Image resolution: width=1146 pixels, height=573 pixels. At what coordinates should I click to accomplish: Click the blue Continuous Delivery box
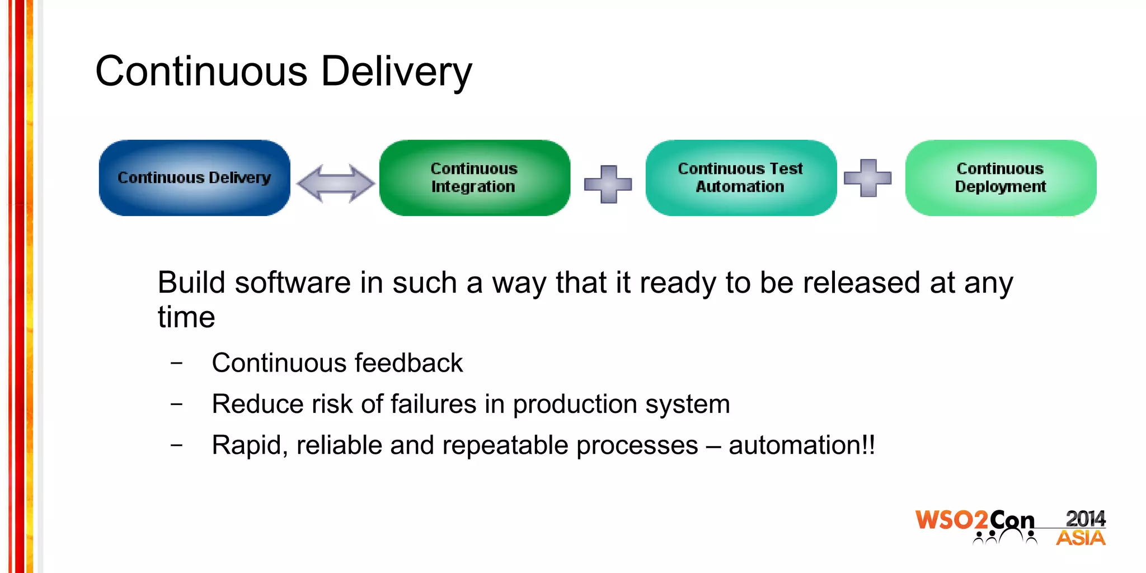tap(194, 178)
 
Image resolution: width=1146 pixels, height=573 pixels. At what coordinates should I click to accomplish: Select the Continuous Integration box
tap(475, 178)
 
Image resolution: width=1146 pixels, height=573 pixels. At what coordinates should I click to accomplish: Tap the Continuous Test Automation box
tap(740, 178)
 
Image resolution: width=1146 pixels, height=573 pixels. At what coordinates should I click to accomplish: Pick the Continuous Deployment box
tap(1000, 178)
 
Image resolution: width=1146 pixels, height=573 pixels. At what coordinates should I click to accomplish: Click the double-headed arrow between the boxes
tap(335, 183)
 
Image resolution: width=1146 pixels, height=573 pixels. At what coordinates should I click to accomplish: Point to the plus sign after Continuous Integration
tap(608, 184)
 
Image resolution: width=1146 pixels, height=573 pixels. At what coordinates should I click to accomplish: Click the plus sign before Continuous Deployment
tap(867, 179)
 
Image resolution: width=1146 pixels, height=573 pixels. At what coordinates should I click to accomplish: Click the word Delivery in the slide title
tap(396, 72)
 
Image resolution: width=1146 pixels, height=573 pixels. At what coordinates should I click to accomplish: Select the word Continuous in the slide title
tap(201, 72)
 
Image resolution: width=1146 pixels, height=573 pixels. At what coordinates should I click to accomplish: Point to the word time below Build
tap(186, 318)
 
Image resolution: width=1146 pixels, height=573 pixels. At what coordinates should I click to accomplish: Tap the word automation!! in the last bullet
tap(801, 445)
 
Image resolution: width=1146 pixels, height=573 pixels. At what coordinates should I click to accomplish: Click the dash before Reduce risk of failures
tap(176, 404)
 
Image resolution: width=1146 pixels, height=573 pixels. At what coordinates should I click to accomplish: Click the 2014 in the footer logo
tap(1085, 519)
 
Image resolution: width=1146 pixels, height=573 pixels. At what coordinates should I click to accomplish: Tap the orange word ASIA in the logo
tap(1081, 538)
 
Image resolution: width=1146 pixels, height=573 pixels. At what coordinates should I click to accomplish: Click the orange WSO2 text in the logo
tap(951, 520)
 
